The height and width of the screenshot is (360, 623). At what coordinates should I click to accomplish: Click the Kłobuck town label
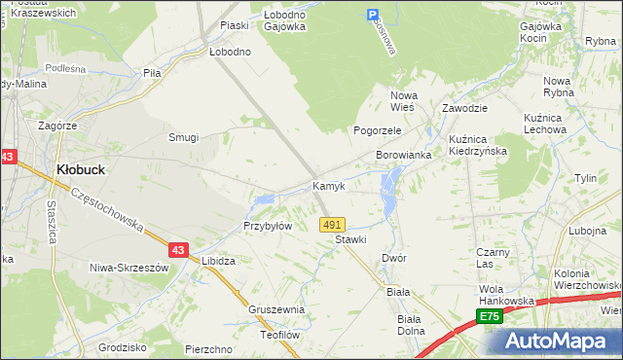[81, 168]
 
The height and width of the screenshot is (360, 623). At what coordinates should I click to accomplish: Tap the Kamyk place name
[328, 186]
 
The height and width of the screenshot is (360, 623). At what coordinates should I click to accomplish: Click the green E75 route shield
[490, 317]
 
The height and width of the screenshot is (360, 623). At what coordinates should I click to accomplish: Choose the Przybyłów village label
[268, 226]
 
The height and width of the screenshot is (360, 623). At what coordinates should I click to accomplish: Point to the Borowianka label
[404, 155]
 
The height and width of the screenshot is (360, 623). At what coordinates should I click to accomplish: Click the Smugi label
[183, 137]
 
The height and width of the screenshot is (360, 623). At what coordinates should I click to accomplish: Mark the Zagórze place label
[57, 126]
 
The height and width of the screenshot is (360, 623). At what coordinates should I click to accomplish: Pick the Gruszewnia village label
[276, 309]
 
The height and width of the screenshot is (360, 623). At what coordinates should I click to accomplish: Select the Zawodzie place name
[464, 109]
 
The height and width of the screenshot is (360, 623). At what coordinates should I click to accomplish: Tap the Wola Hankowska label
[507, 295]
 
